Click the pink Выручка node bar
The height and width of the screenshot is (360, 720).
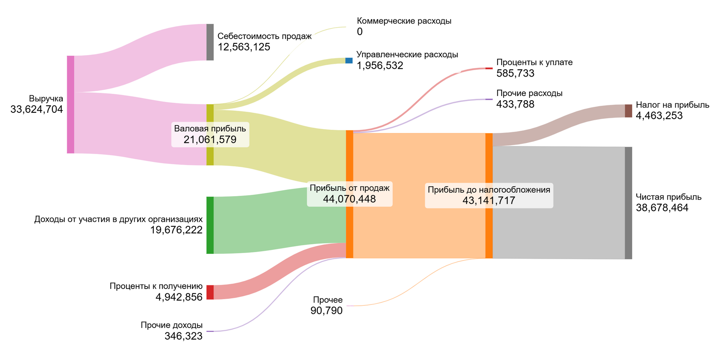coord(71,104)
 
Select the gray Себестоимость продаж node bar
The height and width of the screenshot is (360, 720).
coord(210,42)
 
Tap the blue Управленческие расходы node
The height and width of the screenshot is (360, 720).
coord(349,60)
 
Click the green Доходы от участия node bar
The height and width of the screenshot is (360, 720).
coord(210,225)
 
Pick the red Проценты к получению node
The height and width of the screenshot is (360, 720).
coord(210,292)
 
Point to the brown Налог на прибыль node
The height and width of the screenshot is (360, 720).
coord(628,111)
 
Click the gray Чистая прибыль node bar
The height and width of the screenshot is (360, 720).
coord(628,203)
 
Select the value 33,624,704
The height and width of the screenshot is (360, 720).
coord(37,110)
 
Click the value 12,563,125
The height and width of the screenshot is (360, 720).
coord(244,47)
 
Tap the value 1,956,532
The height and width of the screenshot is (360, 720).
coord(380,66)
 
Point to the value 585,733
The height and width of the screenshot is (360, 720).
coord(515,73)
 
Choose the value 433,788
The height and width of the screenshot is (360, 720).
coord(515,104)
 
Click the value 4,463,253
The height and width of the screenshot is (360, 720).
coord(659,116)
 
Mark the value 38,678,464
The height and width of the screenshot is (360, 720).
coord(662,208)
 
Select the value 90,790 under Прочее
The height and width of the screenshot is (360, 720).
coord(327,311)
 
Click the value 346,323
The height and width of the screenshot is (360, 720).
coord(184,336)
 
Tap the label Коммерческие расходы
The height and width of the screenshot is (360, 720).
coord(404,21)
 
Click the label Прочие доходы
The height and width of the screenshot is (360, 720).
coord(172,325)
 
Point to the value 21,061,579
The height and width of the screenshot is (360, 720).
coord(210,140)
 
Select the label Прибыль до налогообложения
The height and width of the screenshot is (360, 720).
coord(489,190)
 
